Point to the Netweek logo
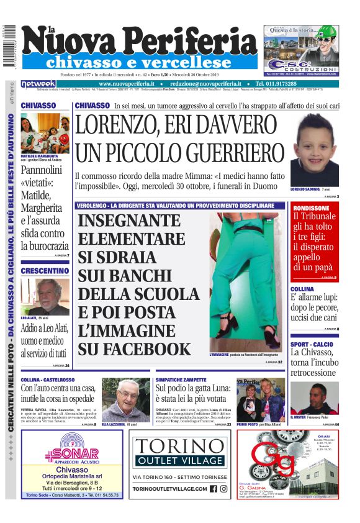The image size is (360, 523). coord(38,84)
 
